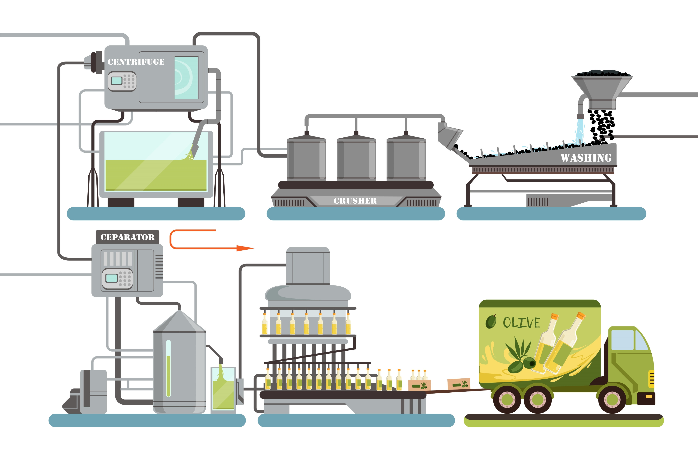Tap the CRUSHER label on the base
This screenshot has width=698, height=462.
(355, 201)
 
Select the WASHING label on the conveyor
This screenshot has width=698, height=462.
(586, 158)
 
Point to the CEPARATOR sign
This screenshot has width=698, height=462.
(127, 237)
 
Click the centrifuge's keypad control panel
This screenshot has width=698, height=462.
(122, 81)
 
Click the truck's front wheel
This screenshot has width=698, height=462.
(612, 399)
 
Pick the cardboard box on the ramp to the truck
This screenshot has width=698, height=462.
(458, 384)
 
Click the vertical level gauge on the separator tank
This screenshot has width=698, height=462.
(168, 368)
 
